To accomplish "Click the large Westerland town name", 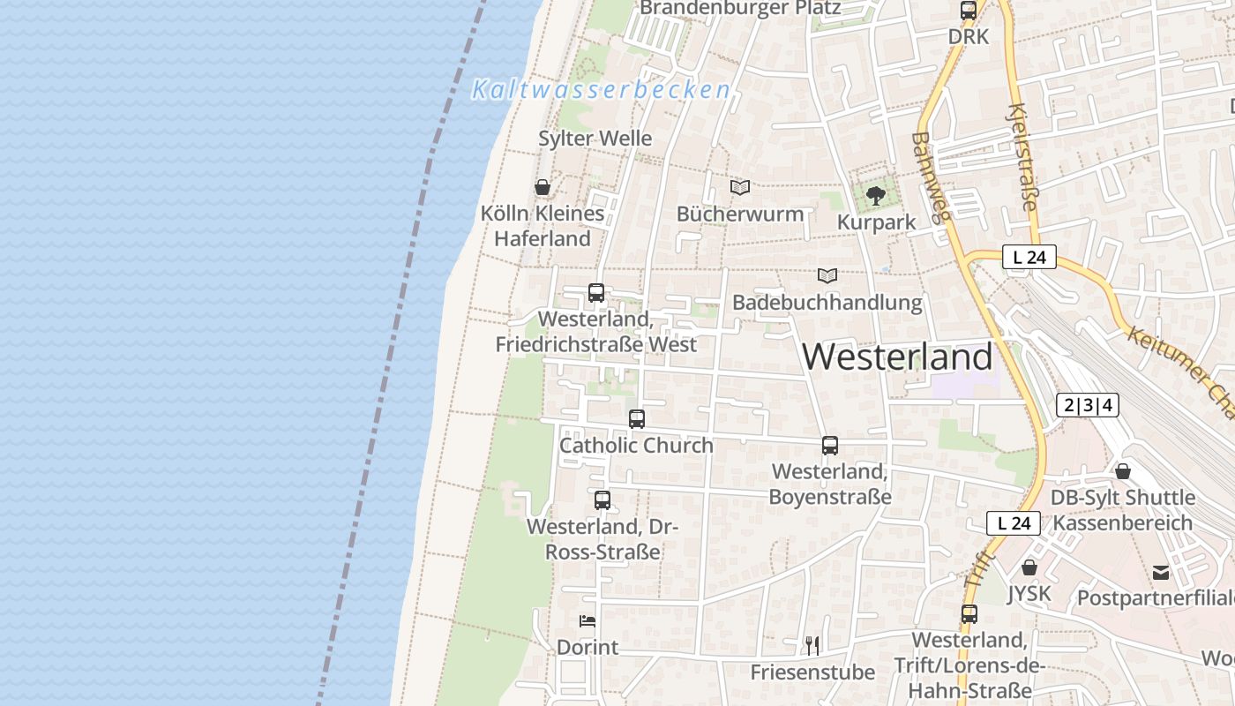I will point(897,357).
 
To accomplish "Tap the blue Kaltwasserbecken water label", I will point(602,89).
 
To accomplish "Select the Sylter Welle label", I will point(595,139).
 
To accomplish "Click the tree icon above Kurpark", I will point(875,196).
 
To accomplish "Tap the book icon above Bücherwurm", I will point(740,187).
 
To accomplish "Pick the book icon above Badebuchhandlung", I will point(827,276).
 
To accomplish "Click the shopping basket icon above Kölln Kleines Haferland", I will point(543,187).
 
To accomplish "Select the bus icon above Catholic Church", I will point(637,419).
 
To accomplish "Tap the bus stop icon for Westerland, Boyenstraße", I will point(830,446).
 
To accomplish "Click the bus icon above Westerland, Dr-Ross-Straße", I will point(603,500).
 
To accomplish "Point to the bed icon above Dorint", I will point(588,621).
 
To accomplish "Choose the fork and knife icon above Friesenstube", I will point(812,646).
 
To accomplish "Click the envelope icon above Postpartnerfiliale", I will point(1161,573).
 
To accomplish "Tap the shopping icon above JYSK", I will point(1029,567).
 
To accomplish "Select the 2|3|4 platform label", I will point(1088,405).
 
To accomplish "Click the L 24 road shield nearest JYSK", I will point(1014,523).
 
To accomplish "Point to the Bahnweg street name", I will point(932,182).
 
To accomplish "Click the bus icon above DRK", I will point(969,11).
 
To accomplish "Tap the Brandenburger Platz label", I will point(740,8).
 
